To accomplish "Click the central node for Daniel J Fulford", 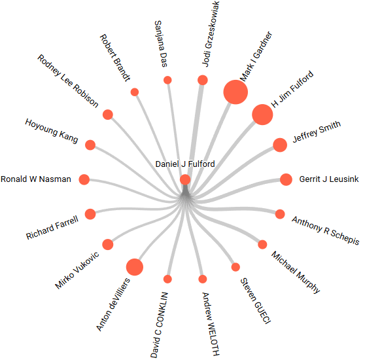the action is coord(185,180).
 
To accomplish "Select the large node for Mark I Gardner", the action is coord(235,92).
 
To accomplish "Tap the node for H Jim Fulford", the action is coord(262,115).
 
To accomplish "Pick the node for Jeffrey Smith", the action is coord(280,145).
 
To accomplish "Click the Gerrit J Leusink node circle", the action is coord(286,179).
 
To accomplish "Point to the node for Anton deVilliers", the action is coord(135,267).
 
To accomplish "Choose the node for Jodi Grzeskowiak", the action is coord(203,80).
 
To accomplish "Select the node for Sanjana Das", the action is coord(167,80).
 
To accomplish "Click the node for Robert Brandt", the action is coord(135,92).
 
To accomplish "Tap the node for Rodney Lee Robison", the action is coord(108,115).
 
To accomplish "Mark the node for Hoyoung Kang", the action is coord(90,145).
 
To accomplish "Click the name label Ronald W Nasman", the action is coord(36,179).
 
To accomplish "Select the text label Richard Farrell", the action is coord(52,228).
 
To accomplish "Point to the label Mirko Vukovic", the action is coord(77,270).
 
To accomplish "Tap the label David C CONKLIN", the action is coord(159,325).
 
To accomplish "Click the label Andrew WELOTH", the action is coord(211,324).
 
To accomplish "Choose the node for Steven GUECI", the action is coord(235,267).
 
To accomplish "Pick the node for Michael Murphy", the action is coord(262,245).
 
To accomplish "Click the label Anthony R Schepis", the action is coord(326,230).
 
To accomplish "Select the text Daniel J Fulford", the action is coord(185,164).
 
